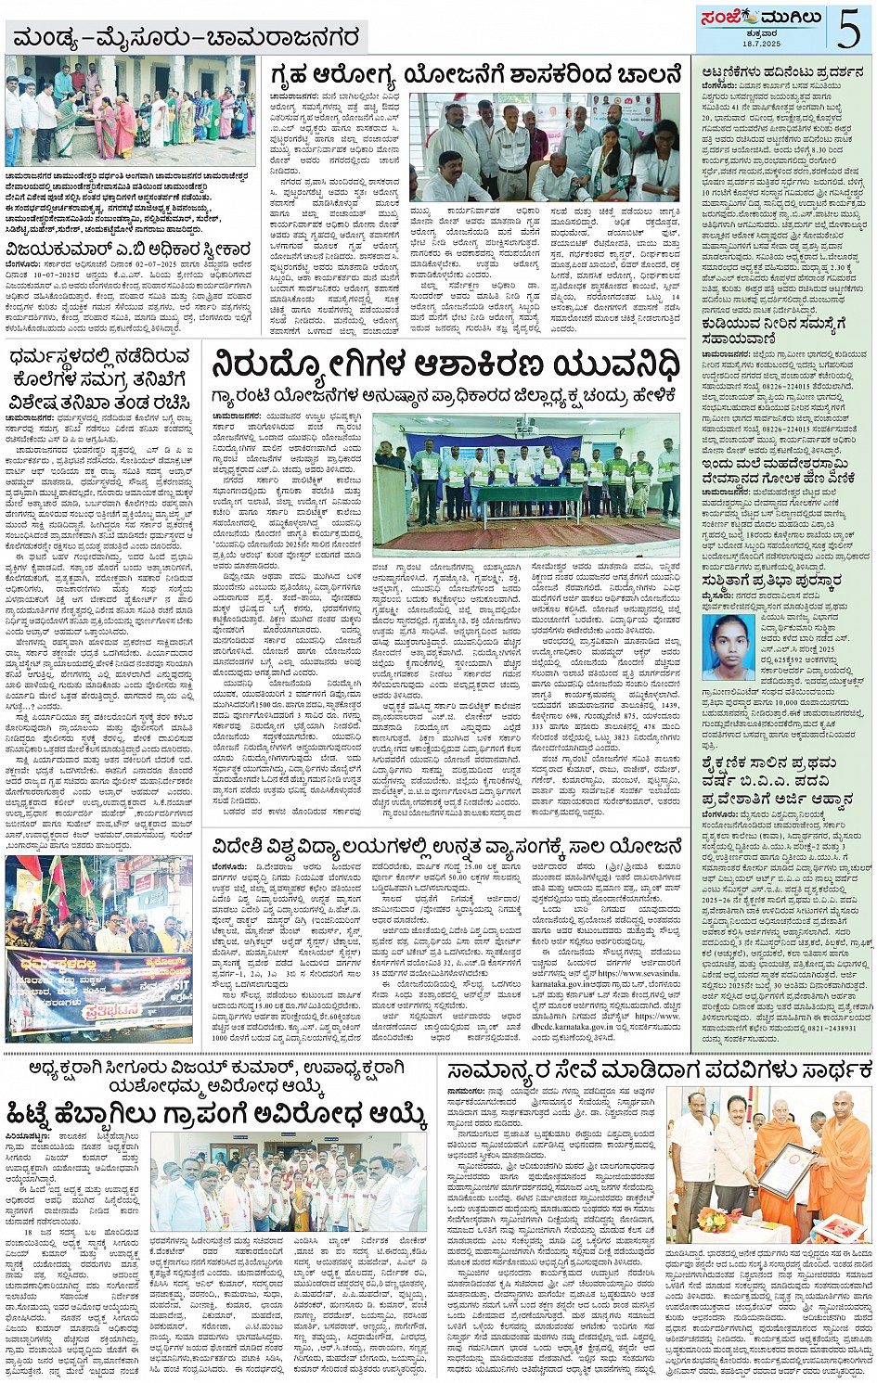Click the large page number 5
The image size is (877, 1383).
pyautogui.click(x=849, y=28)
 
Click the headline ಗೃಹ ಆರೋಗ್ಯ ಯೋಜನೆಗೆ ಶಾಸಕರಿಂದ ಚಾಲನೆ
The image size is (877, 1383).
pyautogui.click(x=475, y=74)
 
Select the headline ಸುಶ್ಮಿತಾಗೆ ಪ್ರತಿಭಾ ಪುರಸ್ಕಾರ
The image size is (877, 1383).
pyautogui.click(x=773, y=581)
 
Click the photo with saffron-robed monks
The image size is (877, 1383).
pyautogui.click(x=769, y=1163)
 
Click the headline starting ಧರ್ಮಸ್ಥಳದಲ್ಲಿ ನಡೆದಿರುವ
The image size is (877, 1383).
pyautogui.click(x=102, y=378)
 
